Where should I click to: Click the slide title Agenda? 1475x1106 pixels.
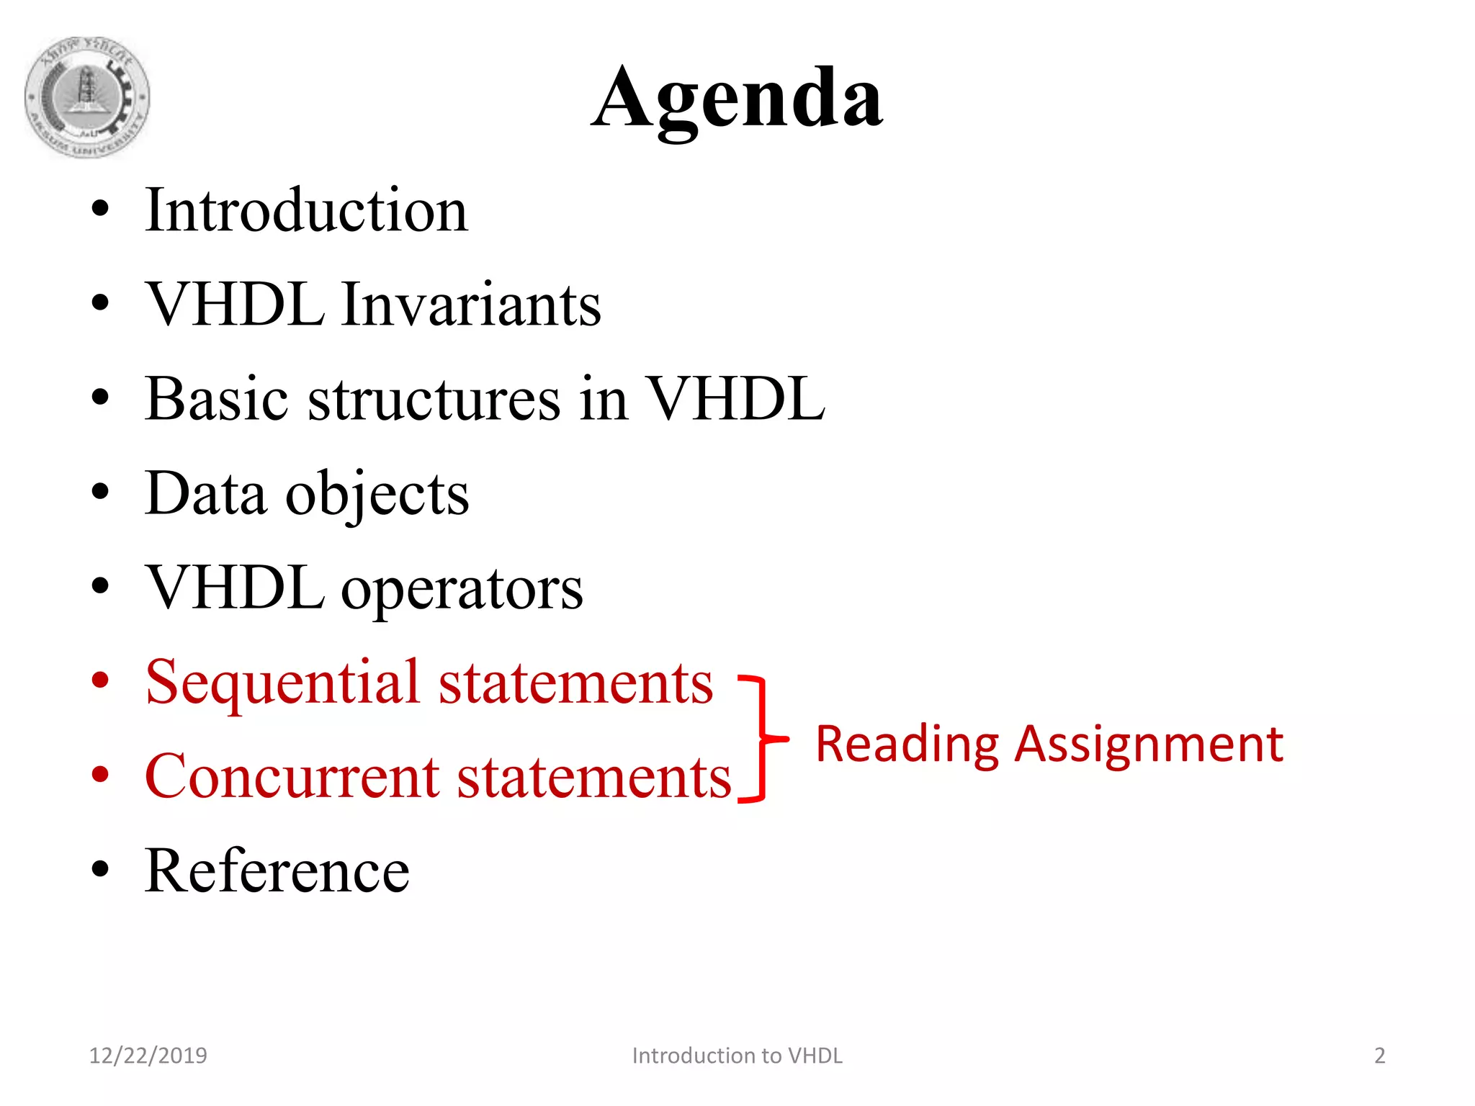737,99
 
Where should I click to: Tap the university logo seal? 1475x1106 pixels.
87,97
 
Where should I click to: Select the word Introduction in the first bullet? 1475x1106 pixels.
307,210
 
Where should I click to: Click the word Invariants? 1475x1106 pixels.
471,305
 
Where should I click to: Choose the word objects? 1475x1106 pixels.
377,495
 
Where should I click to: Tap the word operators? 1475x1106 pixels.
462,589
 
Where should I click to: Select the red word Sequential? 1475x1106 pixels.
282,683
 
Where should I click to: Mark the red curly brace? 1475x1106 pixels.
763,739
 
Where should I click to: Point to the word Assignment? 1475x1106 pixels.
1149,745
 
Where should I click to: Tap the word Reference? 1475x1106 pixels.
277,871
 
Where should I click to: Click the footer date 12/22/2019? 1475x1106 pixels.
148,1056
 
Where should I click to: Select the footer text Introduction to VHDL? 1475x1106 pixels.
737,1056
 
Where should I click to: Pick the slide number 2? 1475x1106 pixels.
1379,1056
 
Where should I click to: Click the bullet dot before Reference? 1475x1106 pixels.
100,870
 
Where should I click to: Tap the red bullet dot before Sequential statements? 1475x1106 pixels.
100,680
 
